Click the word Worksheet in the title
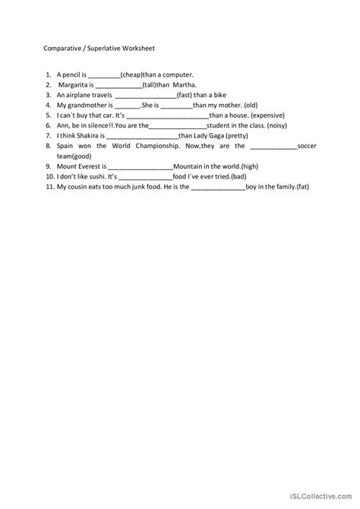point(134,47)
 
